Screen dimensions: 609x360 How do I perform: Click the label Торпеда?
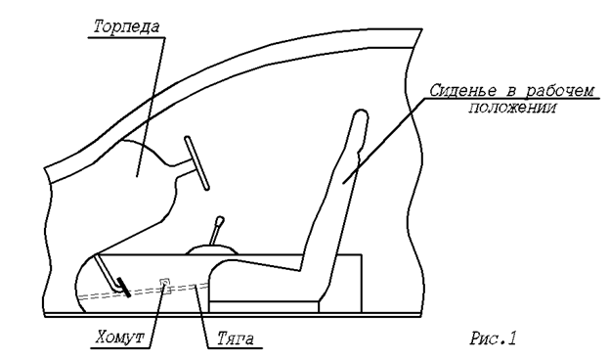tap(127, 27)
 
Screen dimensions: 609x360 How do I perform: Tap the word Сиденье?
tap(463, 91)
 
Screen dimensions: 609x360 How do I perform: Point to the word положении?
tap(511, 108)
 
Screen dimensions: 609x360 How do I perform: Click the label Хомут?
tap(119, 337)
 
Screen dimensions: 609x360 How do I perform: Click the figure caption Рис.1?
tap(493, 337)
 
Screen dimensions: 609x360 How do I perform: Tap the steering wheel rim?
tap(196, 163)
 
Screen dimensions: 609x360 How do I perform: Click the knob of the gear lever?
tap(220, 220)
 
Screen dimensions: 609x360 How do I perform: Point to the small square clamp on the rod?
tap(165, 283)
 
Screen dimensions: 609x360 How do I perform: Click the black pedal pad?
tap(123, 288)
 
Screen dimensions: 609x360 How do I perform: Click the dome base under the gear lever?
tap(212, 249)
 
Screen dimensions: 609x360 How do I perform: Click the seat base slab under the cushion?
tap(264, 306)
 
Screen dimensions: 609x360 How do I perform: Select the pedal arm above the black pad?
tap(106, 271)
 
